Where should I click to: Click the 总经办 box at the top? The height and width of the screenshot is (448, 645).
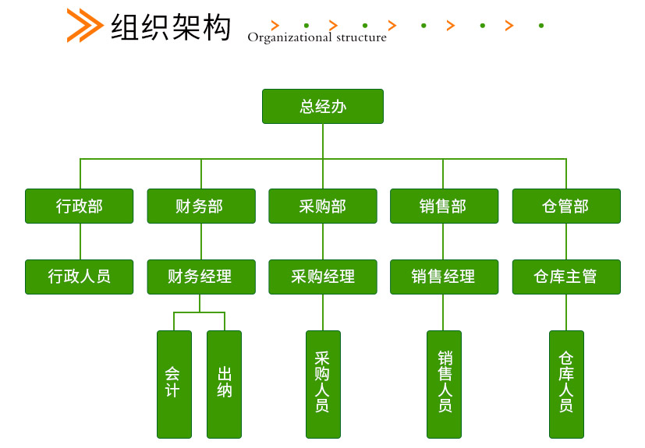coord(323,107)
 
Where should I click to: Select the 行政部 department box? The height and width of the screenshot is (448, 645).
coord(80,206)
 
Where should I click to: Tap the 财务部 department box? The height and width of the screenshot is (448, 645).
coord(201,206)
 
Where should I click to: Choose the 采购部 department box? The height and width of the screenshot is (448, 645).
coord(323,206)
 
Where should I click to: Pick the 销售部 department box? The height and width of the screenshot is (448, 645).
coord(445,206)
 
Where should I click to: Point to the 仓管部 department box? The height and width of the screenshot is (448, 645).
coord(566,206)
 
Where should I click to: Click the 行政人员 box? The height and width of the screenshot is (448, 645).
coord(80,277)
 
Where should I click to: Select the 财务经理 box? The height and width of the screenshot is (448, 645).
coord(201,277)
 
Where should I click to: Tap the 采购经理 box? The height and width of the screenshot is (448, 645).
coord(323,277)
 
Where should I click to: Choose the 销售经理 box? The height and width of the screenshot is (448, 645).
coord(445,277)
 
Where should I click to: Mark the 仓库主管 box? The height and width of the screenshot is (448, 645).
coord(566,277)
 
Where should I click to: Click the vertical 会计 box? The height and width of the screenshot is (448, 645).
coord(175,384)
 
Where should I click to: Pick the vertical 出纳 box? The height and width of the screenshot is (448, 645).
coord(224,384)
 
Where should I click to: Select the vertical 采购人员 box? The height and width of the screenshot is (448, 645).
coord(324,384)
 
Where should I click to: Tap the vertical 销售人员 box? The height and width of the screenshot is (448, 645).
coord(445,384)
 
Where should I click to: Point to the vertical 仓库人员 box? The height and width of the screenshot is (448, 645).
coord(566,384)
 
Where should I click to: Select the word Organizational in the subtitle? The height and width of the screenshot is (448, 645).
coord(289,38)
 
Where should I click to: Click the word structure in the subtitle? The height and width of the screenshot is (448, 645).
coord(362,38)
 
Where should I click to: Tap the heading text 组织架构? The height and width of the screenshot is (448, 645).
coord(171,27)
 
